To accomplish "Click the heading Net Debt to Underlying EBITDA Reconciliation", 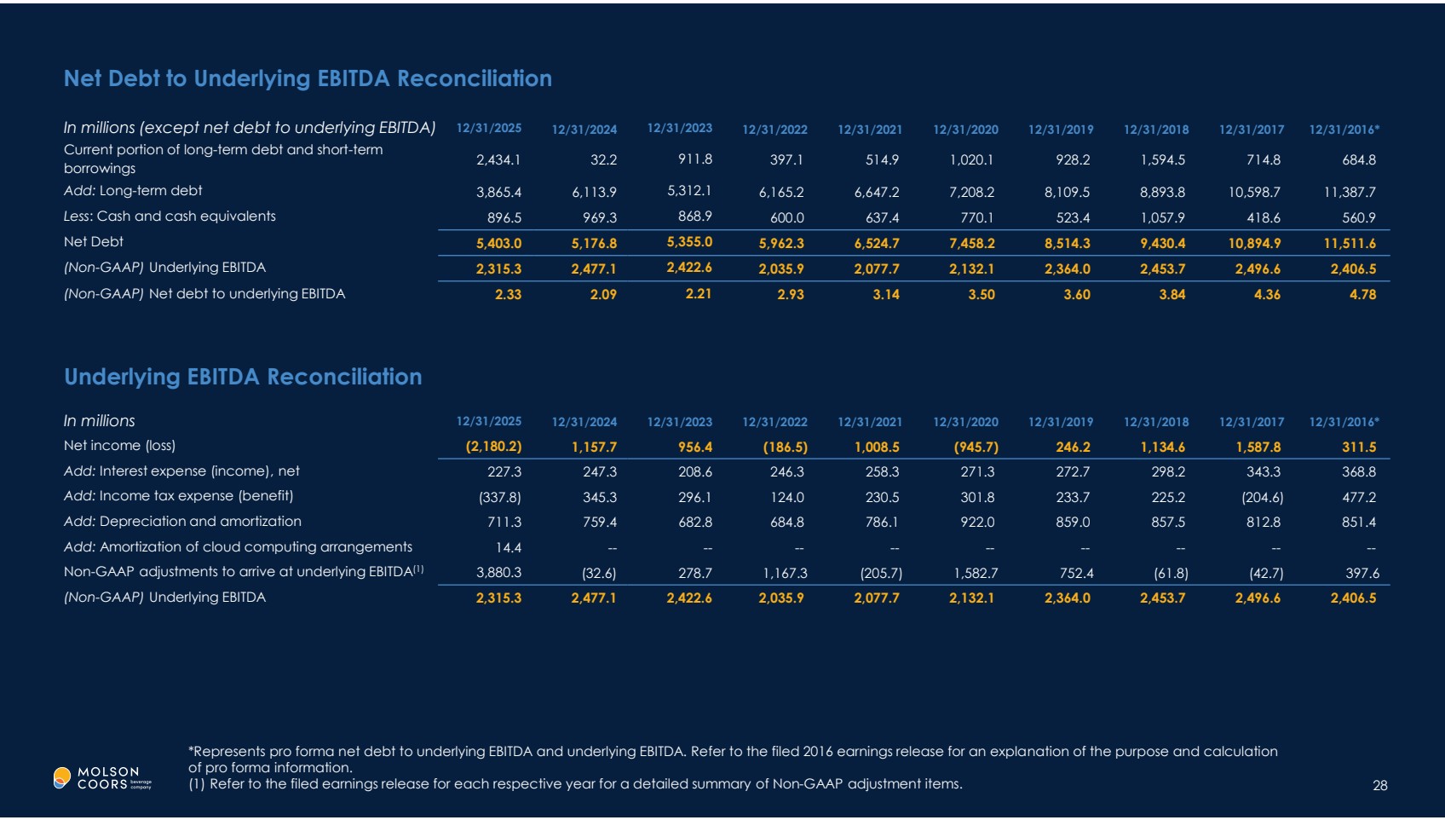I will click(308, 78).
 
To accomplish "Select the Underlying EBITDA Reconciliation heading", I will click(243, 377).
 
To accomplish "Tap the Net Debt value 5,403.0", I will click(498, 244).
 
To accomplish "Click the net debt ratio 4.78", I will click(1362, 295).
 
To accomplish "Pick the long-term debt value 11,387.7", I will click(1350, 193).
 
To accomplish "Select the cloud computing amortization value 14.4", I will click(508, 548).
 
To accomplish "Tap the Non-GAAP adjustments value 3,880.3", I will click(498, 573).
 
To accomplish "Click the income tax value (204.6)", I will click(1262, 498).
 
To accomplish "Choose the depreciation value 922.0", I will click(977, 523).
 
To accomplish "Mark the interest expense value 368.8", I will click(1359, 472).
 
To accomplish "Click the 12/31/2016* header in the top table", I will click(1344, 130).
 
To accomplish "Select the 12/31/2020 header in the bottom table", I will click(965, 422).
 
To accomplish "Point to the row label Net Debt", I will click(94, 242).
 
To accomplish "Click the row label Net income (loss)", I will click(119, 446).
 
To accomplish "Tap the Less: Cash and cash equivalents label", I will click(170, 217).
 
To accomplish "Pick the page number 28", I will click(1379, 785).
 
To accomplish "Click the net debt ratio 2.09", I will click(603, 295).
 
